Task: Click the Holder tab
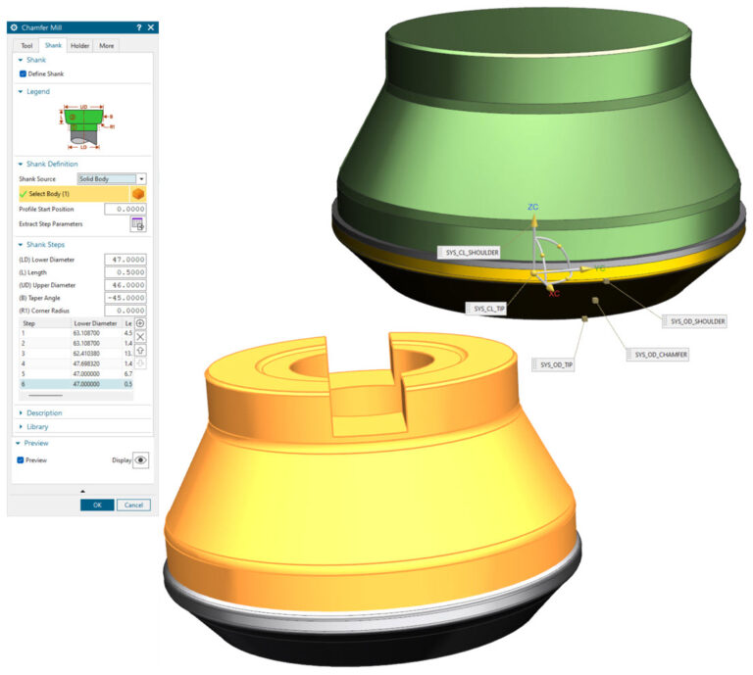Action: pyautogui.click(x=79, y=45)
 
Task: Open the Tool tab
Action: pyautogui.click(x=26, y=45)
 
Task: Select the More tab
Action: pyautogui.click(x=106, y=45)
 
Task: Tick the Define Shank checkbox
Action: pyautogui.click(x=24, y=73)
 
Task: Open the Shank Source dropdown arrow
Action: pyautogui.click(x=141, y=179)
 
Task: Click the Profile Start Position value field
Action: pyautogui.click(x=125, y=209)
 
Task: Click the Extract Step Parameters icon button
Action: pyautogui.click(x=138, y=224)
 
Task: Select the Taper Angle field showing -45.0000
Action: pyautogui.click(x=125, y=298)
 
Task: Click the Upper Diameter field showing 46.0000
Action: pyautogui.click(x=125, y=285)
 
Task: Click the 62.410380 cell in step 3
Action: pyautogui.click(x=93, y=353)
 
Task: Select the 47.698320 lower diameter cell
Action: pyautogui.click(x=93, y=362)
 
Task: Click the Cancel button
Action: pyautogui.click(x=133, y=505)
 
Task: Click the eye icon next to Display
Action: pyautogui.click(x=140, y=459)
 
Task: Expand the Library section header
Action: pyautogui.click(x=38, y=426)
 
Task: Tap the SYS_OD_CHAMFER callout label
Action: pyautogui.click(x=658, y=354)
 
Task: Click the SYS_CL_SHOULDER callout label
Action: pyautogui.click(x=471, y=252)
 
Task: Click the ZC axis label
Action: pyautogui.click(x=532, y=208)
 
